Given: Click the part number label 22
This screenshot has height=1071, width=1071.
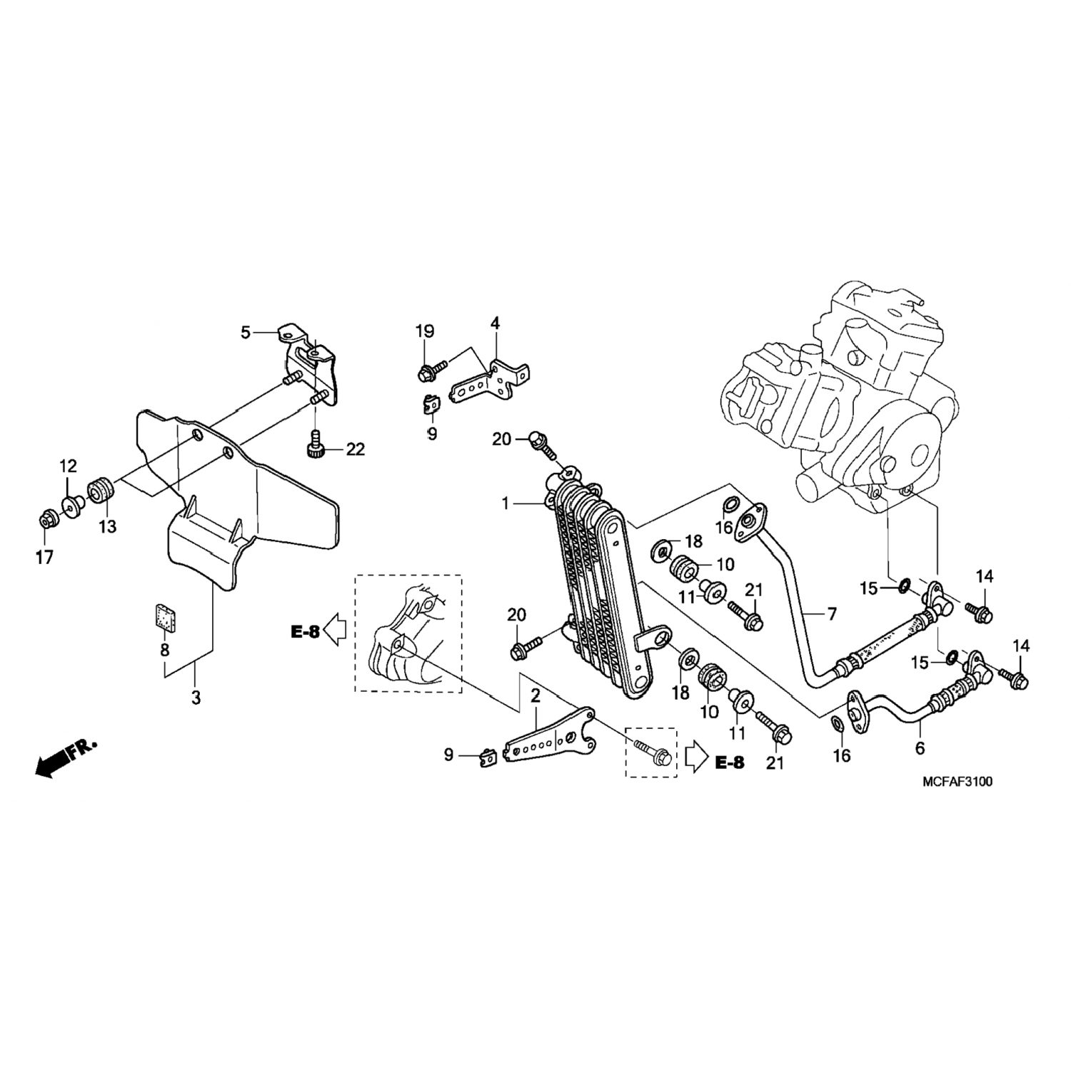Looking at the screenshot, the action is click(x=355, y=449).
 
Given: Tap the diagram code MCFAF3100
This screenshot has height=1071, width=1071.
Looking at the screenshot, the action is click(x=957, y=781).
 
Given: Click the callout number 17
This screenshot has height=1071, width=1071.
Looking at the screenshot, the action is click(x=44, y=558).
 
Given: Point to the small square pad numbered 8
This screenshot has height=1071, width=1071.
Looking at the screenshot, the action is click(x=165, y=616).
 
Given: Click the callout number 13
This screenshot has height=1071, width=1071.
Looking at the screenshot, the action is click(x=107, y=527).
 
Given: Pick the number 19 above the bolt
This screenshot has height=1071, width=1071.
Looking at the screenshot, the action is click(x=425, y=331).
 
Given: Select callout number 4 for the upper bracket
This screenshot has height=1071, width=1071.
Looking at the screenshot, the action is click(x=495, y=323).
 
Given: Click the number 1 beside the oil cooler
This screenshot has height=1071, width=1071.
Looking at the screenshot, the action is click(x=506, y=504).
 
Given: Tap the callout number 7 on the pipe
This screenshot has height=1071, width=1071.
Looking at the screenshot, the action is click(x=832, y=613).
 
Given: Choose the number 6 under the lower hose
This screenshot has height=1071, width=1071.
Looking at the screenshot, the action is click(x=920, y=748).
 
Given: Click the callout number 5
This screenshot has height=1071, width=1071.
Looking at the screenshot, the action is click(x=246, y=333).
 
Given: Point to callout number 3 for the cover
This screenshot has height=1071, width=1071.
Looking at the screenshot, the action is click(x=196, y=698).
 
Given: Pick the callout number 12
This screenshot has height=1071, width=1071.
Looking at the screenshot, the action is click(x=68, y=467).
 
